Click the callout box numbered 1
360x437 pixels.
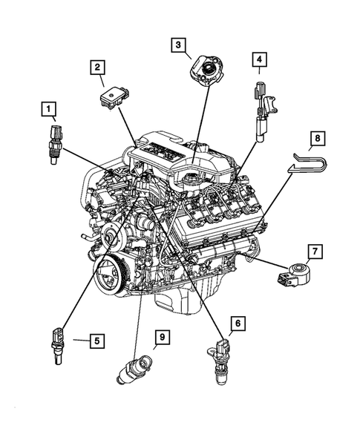click(48, 112)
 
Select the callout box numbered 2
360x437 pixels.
click(97, 68)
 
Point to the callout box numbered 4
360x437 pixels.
click(258, 59)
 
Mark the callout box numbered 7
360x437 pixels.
click(314, 252)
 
